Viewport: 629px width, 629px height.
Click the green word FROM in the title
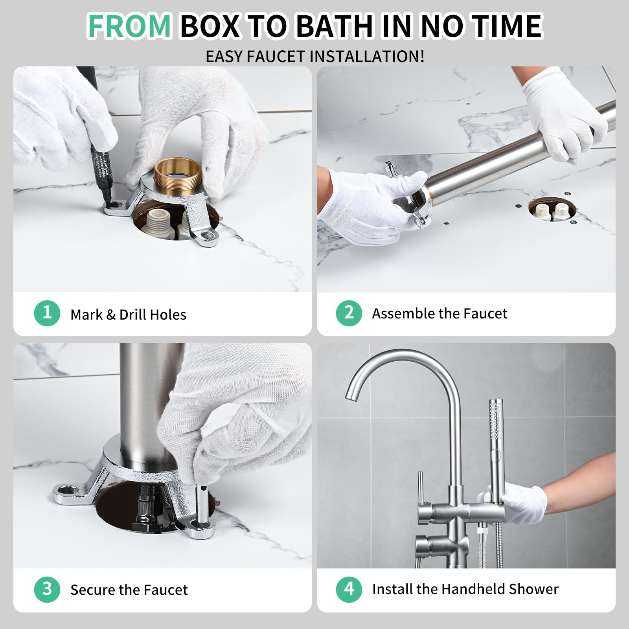129,26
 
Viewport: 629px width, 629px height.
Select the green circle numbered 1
47,313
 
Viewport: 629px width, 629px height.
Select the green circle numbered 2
349,313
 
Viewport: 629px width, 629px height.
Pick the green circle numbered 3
47,589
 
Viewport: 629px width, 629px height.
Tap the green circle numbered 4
349,589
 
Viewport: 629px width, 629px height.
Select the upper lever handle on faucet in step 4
420,487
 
